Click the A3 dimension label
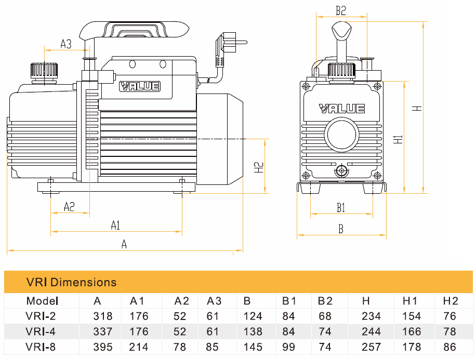(x=66, y=44)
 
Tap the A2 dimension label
(x=69, y=207)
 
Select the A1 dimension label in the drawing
(x=115, y=225)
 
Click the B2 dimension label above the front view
(x=340, y=9)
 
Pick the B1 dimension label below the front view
(x=341, y=208)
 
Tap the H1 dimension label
(x=398, y=139)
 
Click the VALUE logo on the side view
(x=140, y=86)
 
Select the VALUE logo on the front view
(x=342, y=109)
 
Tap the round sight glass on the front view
(x=341, y=135)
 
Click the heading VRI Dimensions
(x=71, y=283)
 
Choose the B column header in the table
(x=247, y=301)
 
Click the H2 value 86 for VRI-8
(x=450, y=347)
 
